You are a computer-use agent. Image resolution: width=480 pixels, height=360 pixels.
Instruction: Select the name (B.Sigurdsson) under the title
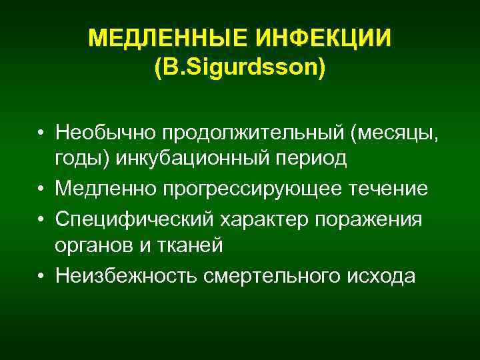point(240,67)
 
